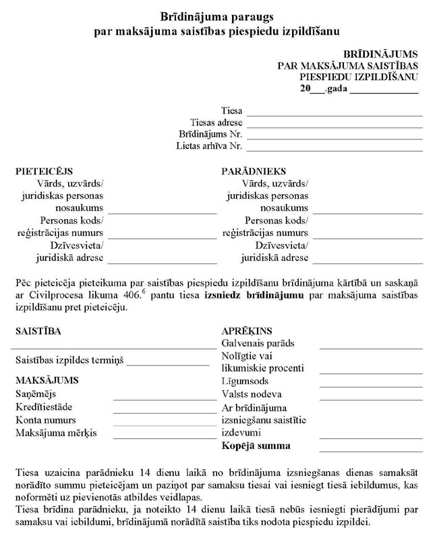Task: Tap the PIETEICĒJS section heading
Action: click(x=44, y=172)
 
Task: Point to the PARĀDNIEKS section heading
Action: click(x=254, y=172)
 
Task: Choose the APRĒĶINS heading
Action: click(x=247, y=331)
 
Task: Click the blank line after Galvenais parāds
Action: click(x=370, y=347)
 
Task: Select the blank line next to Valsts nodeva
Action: click(x=370, y=398)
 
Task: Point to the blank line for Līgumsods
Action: click(x=370, y=386)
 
